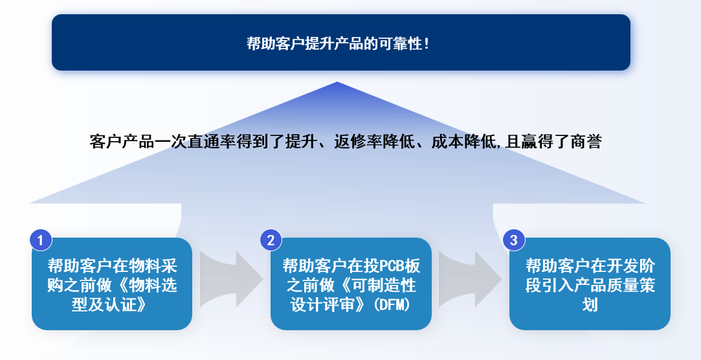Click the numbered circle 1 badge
pos(41,240)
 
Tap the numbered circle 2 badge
pos(271,240)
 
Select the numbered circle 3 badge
pos(514,240)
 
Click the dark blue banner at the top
pos(340,43)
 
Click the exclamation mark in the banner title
pos(426,44)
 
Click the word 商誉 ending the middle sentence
pos(587,142)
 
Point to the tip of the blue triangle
pos(337,84)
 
